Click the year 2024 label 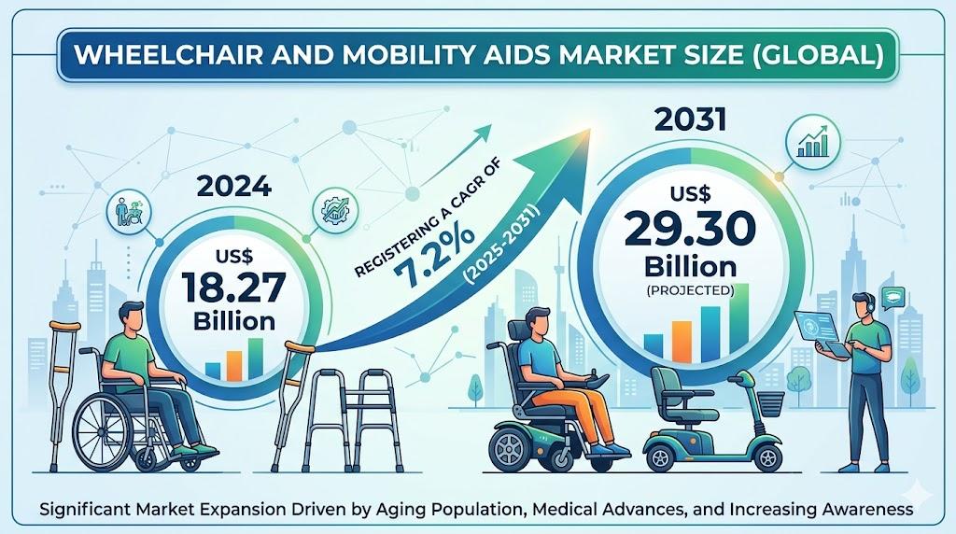pos(233,186)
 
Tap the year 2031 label pos(690,119)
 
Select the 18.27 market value pos(233,288)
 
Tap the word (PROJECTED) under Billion pos(690,290)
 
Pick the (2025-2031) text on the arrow pos(501,245)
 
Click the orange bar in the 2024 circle pos(233,364)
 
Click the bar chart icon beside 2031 pos(813,142)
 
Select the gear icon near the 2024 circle pos(335,209)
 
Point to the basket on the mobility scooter pos(769,403)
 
